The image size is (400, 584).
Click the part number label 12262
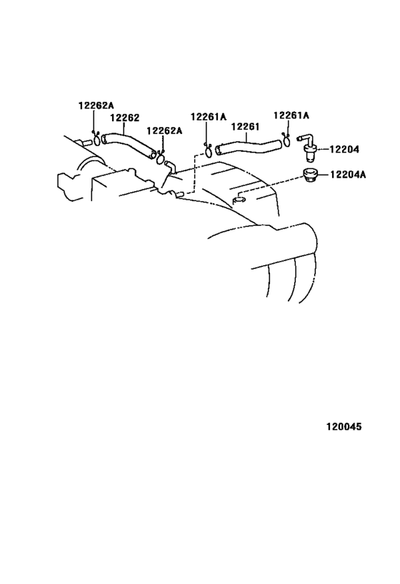coord(124,118)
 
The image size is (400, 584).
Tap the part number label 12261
coord(245,127)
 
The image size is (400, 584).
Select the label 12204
coord(344,149)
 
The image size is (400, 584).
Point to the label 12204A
coord(348,174)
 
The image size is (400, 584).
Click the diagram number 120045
coord(344,426)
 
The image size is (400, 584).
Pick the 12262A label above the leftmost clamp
coord(96,106)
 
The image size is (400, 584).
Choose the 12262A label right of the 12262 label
coord(164,130)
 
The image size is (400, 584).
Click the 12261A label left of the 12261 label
coord(209,117)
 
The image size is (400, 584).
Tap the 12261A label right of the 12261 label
coord(291,116)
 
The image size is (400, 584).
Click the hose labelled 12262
coord(129,145)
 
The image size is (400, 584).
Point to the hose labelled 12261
coord(248,146)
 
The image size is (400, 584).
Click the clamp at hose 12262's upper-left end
coord(96,139)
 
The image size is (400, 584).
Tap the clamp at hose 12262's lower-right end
coord(161,158)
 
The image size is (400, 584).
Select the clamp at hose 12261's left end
coord(208,151)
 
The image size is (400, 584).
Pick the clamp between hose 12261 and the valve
coord(286,140)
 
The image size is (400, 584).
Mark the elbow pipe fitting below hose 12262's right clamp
coord(170,166)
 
